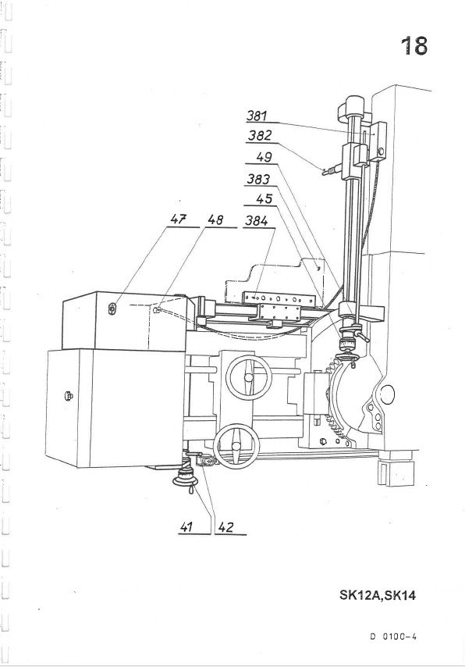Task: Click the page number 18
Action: (x=414, y=46)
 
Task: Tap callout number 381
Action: (x=257, y=116)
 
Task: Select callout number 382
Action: (x=260, y=136)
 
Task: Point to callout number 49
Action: (x=264, y=157)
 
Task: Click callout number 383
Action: (x=258, y=179)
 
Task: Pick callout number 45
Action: (x=264, y=198)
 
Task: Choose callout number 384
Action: (x=257, y=221)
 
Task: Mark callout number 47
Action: (x=179, y=219)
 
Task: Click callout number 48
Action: (x=215, y=219)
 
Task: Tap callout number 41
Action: (x=186, y=527)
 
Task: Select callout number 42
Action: (x=225, y=527)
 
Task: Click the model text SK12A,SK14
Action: (x=378, y=594)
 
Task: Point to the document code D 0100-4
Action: (x=393, y=637)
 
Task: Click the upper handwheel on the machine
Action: (x=249, y=378)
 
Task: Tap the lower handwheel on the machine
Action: (x=236, y=446)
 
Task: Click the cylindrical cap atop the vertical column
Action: (x=353, y=105)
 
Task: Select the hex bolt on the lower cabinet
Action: (x=69, y=396)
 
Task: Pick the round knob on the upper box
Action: (x=112, y=309)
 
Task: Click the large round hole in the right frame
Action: (x=387, y=394)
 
